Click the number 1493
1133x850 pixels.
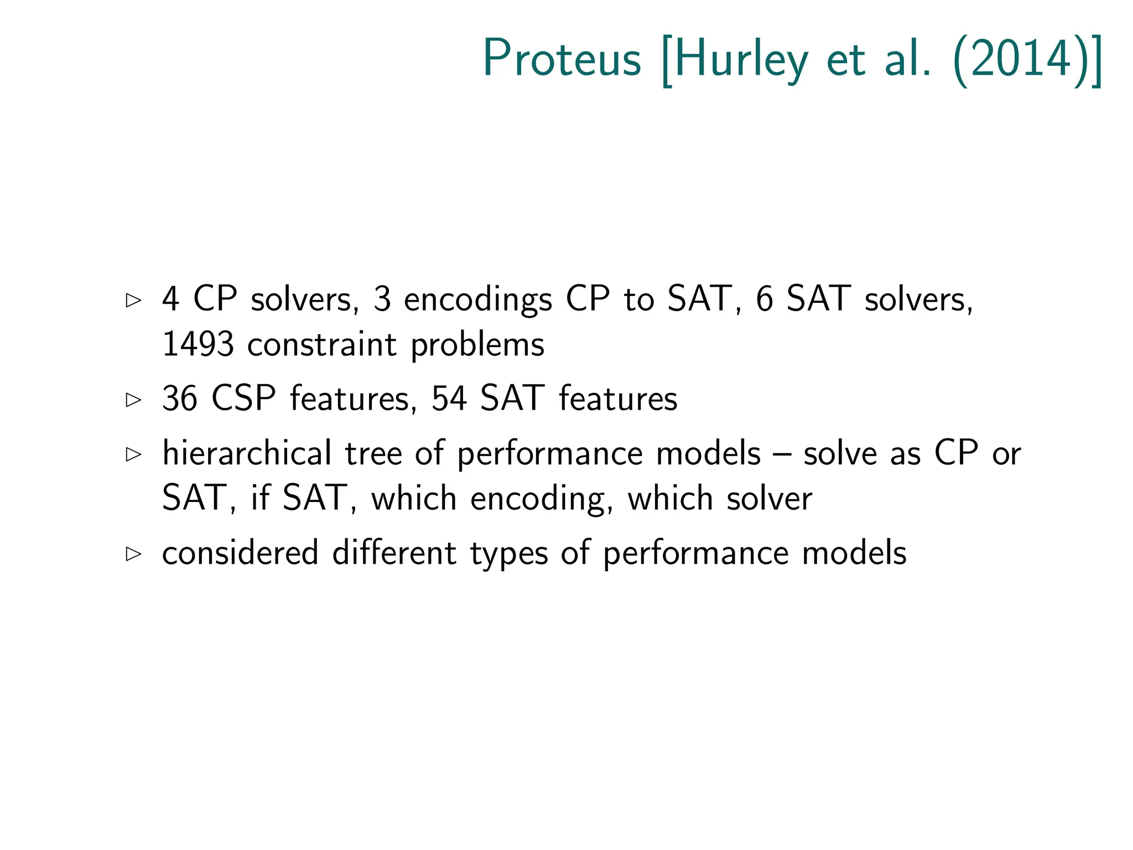pos(198,344)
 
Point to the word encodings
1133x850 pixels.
pos(478,300)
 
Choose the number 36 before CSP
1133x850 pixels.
pos(179,398)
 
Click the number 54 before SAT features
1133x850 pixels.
pos(448,398)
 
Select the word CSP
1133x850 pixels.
pos(243,398)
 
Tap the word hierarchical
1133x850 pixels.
pos(247,453)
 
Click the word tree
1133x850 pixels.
pos(373,453)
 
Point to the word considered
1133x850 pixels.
pos(240,553)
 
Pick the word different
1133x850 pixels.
pos(394,553)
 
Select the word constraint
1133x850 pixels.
pos(321,344)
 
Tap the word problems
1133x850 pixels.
pos(477,345)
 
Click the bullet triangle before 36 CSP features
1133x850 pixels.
pos(133,400)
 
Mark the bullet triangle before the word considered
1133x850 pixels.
pos(133,554)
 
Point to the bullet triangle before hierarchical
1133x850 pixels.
pos(133,455)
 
